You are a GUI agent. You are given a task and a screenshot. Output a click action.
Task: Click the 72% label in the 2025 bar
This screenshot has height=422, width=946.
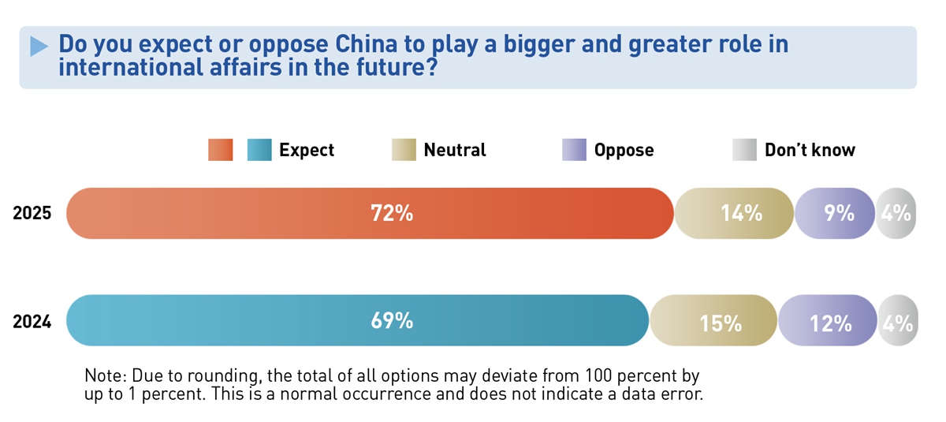[x=392, y=213]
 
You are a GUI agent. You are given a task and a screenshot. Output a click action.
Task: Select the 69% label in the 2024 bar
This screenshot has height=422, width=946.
[x=392, y=320]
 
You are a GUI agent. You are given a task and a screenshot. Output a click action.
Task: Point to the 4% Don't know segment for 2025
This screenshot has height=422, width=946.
[x=896, y=213]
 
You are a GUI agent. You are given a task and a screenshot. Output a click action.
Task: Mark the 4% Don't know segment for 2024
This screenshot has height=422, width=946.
[x=898, y=322]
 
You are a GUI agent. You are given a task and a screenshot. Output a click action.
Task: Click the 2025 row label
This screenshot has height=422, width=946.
[x=32, y=213]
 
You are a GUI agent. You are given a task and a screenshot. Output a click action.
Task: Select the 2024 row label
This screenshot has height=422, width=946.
[x=32, y=322]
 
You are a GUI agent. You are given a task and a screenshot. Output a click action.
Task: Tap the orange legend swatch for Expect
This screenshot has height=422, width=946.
[x=221, y=150]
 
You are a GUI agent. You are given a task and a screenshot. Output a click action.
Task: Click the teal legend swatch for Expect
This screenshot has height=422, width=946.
[x=259, y=150]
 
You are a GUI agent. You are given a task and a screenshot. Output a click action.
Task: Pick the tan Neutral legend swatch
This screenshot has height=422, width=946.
[x=404, y=150]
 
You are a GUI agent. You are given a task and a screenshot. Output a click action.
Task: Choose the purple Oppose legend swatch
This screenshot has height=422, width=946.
[x=574, y=150]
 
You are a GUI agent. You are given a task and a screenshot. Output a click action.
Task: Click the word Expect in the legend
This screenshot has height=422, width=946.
[x=307, y=150]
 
